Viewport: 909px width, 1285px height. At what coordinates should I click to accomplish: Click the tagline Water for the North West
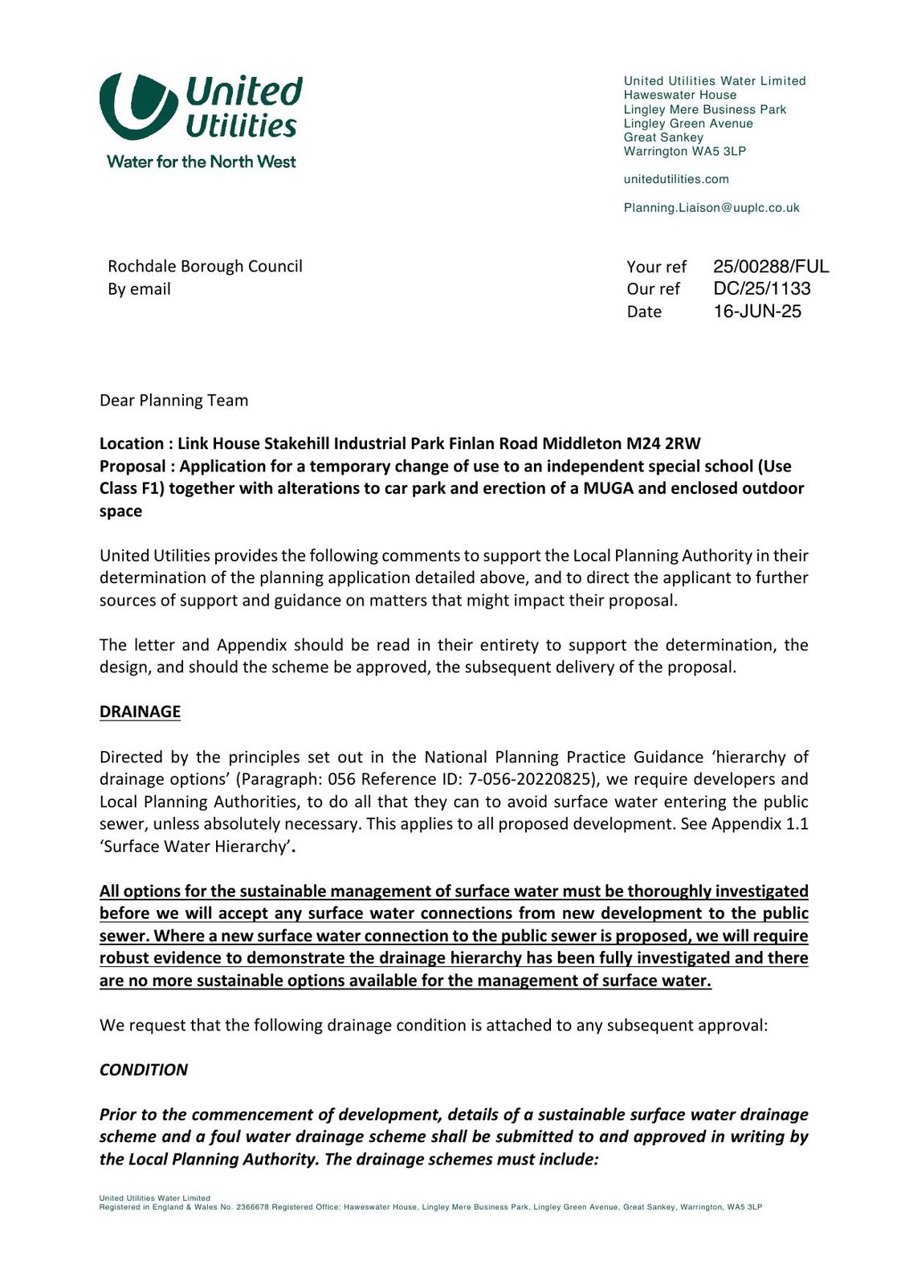(201, 161)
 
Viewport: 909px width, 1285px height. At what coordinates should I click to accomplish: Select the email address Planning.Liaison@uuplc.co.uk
(711, 207)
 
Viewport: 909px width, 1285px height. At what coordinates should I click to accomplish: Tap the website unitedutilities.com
(676, 179)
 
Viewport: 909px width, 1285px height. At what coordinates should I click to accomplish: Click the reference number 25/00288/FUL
(771, 267)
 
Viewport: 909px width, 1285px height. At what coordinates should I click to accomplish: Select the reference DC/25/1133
(762, 288)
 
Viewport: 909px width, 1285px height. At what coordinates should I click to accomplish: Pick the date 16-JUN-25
(757, 311)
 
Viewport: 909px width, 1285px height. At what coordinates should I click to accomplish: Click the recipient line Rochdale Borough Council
(205, 266)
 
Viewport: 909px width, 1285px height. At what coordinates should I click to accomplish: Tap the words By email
(139, 288)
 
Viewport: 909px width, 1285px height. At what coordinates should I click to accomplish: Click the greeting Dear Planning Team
(173, 400)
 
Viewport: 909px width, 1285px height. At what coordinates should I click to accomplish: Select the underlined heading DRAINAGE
(140, 712)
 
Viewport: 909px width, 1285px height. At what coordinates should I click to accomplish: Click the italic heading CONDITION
(143, 1070)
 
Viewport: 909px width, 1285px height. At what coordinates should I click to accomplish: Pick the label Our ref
(653, 289)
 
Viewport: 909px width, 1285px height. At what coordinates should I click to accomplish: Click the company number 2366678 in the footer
(253, 1207)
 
